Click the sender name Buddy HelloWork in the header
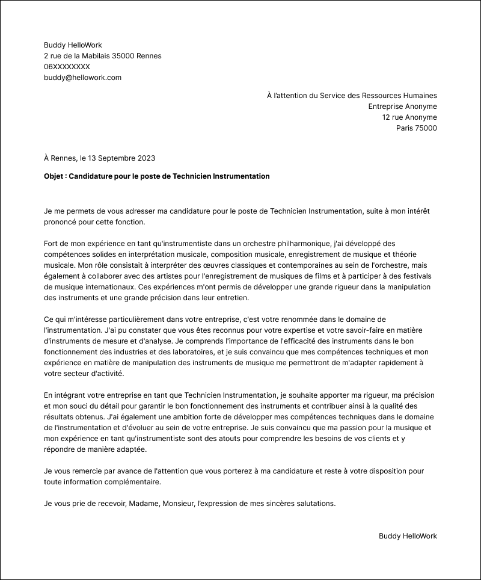point(73,45)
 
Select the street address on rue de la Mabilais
point(102,56)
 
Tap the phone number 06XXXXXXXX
point(67,67)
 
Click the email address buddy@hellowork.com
point(82,78)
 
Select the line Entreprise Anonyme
point(402,106)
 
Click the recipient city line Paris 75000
point(416,128)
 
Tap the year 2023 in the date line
point(145,158)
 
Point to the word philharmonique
point(298,244)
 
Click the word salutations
point(314,504)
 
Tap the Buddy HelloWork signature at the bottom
point(408,536)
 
